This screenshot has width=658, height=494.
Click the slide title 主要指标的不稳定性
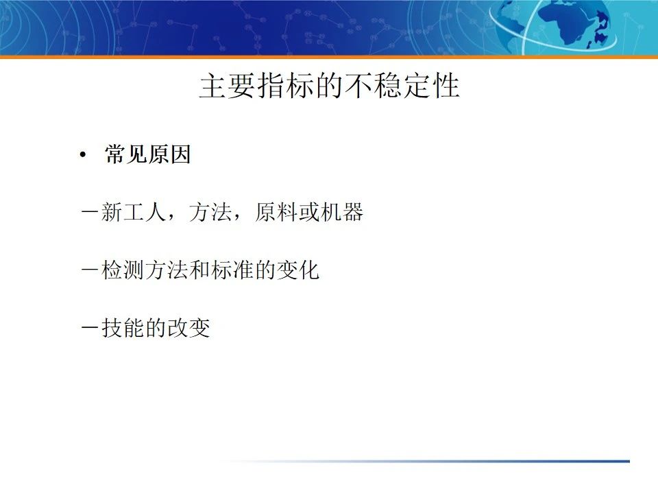[329, 87]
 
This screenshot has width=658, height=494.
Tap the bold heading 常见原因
[147, 155]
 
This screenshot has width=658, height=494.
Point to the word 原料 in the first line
[276, 213]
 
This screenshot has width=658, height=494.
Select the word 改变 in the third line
[188, 328]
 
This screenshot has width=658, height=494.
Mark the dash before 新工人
[88, 213]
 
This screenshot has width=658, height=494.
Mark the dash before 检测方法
[88, 270]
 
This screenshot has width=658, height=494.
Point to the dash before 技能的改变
[88, 328]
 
